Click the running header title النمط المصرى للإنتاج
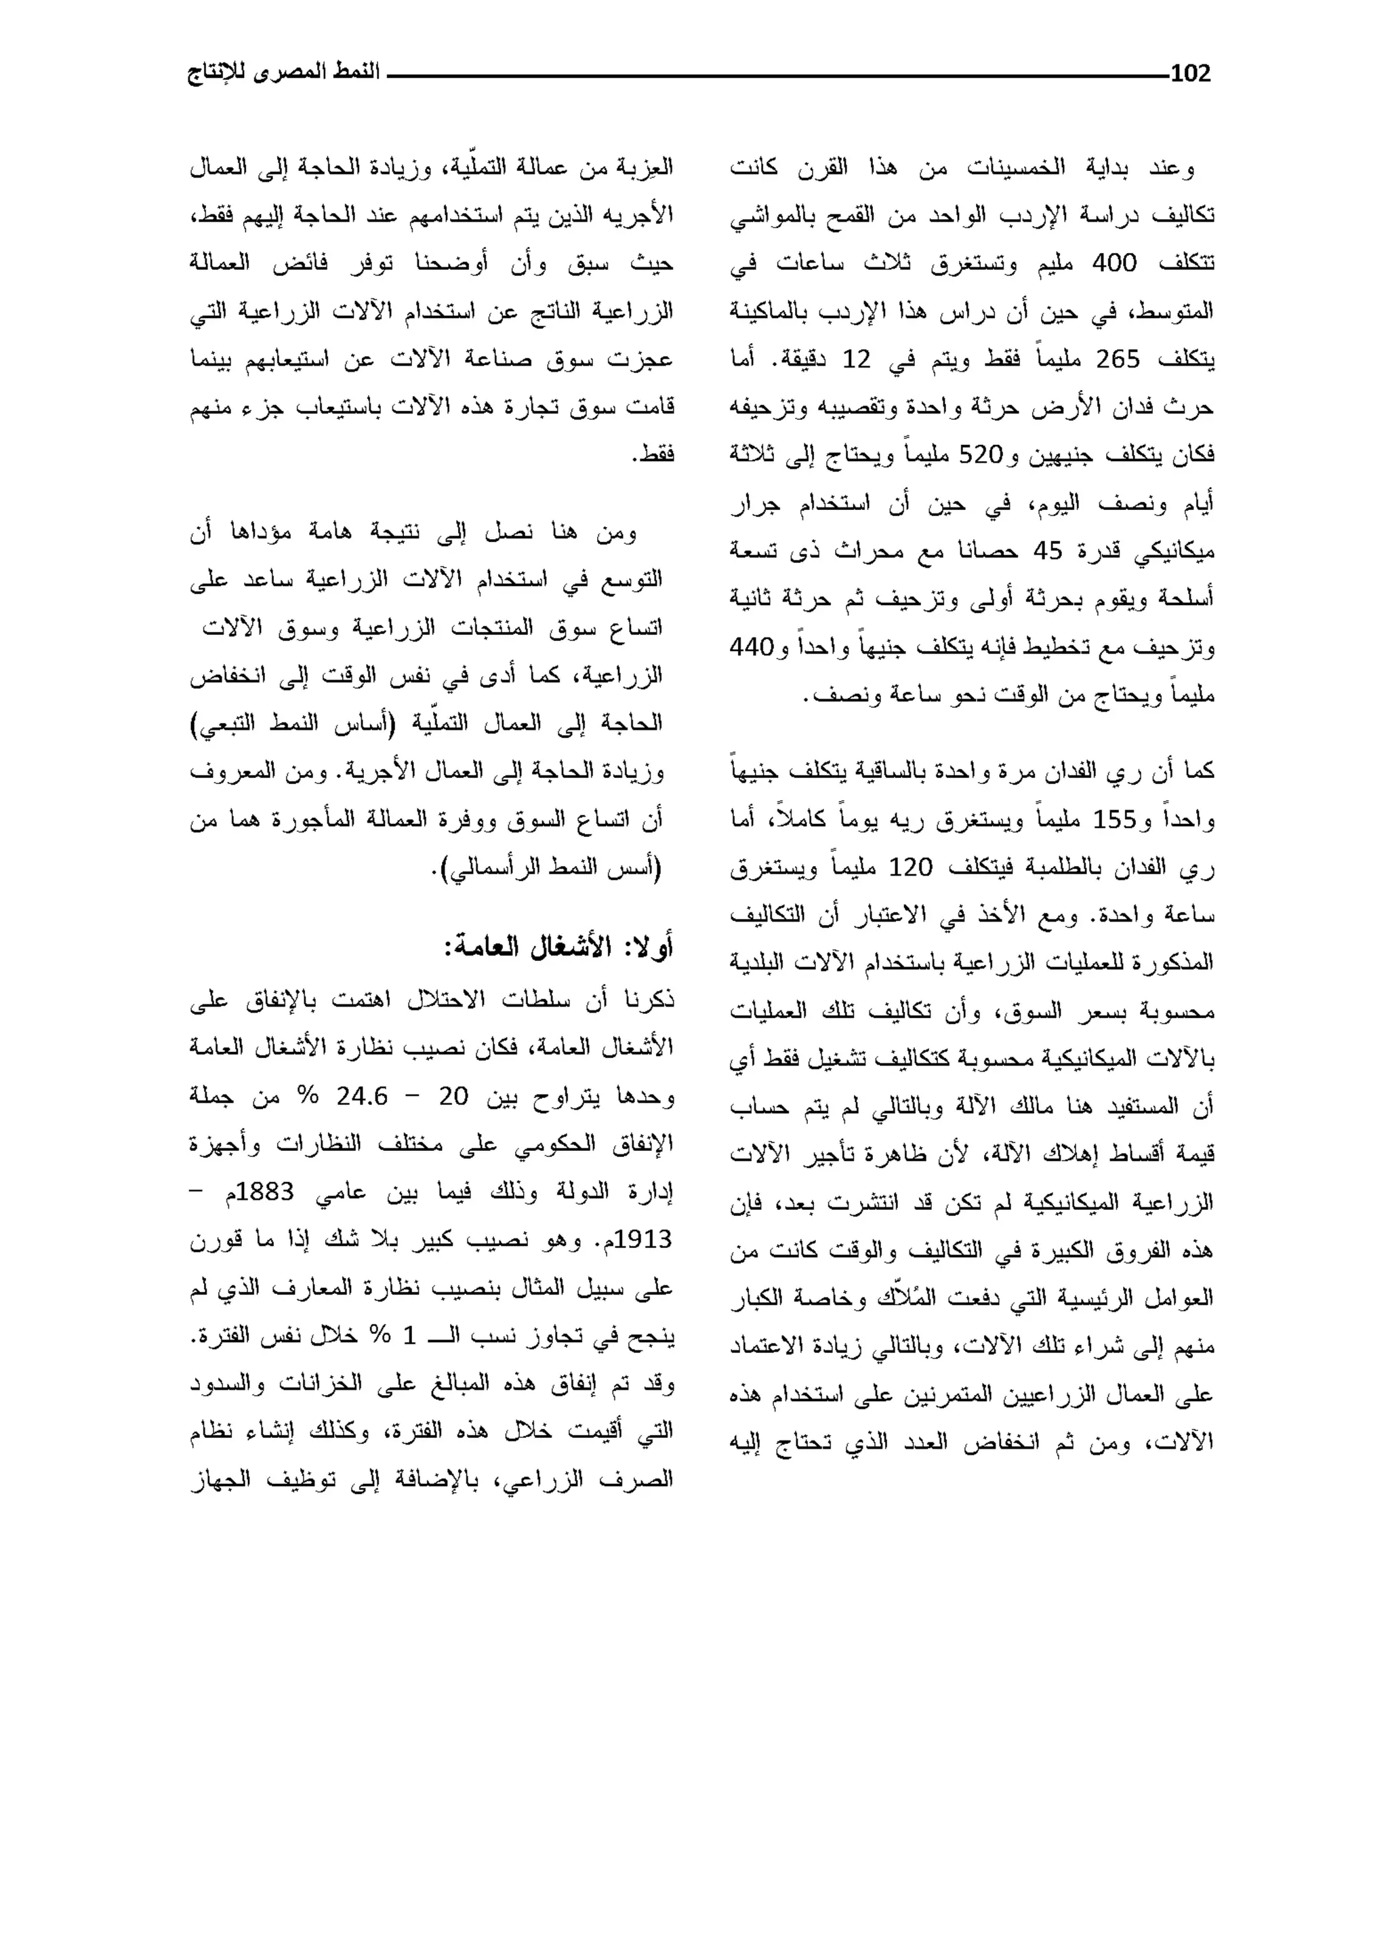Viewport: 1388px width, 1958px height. pos(284,73)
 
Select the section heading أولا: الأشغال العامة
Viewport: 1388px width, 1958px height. pos(558,947)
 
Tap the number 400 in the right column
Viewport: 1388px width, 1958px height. pos(1114,263)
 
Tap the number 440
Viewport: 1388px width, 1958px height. pos(751,647)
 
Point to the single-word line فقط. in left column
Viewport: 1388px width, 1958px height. pos(653,456)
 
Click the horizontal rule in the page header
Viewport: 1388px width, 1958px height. pos(778,76)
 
